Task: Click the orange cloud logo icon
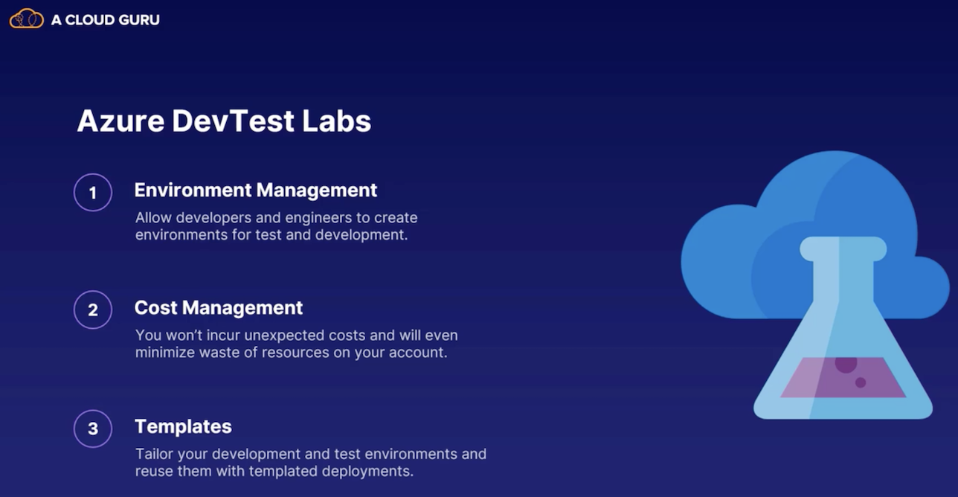[x=27, y=19]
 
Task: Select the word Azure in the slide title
[x=120, y=121]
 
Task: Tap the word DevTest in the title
[x=233, y=121]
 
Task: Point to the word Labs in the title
[x=337, y=121]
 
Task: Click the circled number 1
[x=93, y=193]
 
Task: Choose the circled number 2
[x=93, y=310]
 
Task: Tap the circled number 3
[x=93, y=429]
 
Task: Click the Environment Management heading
[x=256, y=190]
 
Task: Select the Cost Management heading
[x=219, y=308]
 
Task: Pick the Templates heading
[x=184, y=427]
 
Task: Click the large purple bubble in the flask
[x=846, y=365]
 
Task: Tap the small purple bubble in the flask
[x=861, y=382]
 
